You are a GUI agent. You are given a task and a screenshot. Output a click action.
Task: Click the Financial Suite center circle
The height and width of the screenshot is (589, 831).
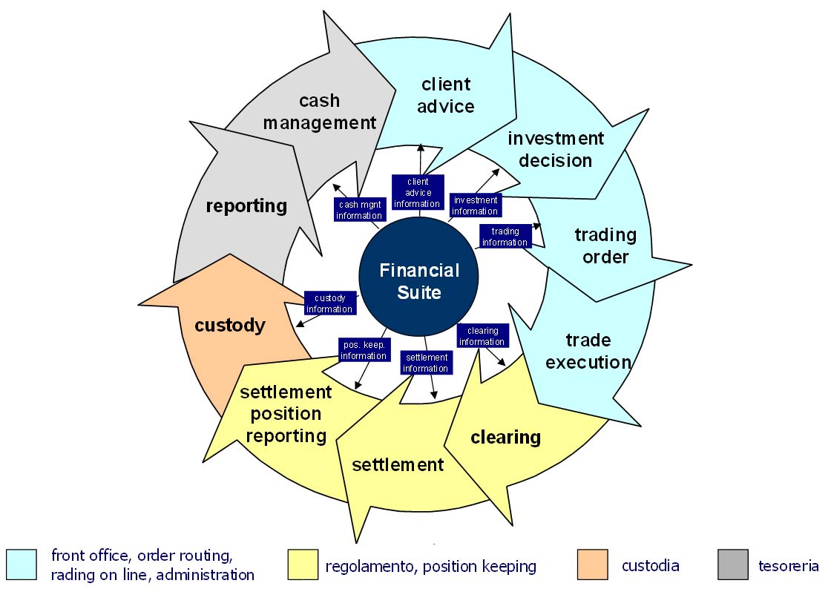point(419,281)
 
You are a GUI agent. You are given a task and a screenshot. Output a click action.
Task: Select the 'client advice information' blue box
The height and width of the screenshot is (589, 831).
point(418,193)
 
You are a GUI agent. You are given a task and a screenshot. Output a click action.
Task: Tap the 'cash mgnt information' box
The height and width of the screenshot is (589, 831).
point(359,210)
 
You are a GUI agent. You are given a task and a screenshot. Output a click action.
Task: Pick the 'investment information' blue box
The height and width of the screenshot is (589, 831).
point(476,205)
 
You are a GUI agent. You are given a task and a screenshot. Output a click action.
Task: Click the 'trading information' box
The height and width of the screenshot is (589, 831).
point(505,237)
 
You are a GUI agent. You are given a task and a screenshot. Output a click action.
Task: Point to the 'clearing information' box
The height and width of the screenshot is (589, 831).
point(482,336)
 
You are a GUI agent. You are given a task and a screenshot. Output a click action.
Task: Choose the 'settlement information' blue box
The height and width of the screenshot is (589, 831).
point(425,363)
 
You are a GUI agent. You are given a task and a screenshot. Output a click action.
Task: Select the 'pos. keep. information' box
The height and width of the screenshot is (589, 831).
point(364,350)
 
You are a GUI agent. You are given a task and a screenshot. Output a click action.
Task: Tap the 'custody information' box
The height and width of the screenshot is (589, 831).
point(329,303)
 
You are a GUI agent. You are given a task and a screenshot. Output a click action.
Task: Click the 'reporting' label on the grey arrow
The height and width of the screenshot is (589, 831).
point(246,205)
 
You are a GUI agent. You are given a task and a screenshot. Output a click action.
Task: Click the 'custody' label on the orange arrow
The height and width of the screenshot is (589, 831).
point(230,325)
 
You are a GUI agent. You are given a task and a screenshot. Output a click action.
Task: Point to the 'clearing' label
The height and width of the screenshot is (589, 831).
point(505,437)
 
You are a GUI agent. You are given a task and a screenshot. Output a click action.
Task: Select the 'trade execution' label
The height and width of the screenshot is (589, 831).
point(588,351)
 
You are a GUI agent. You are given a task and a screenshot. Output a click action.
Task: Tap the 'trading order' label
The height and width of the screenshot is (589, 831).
point(605,246)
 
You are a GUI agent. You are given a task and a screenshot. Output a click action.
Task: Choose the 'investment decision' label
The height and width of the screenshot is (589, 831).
point(556,149)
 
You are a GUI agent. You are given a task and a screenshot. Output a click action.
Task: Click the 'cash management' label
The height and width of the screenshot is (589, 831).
point(320,111)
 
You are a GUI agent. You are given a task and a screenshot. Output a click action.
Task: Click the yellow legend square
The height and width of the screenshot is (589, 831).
point(302,565)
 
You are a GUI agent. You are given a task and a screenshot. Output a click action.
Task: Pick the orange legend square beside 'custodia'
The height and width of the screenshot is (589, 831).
point(592,565)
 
